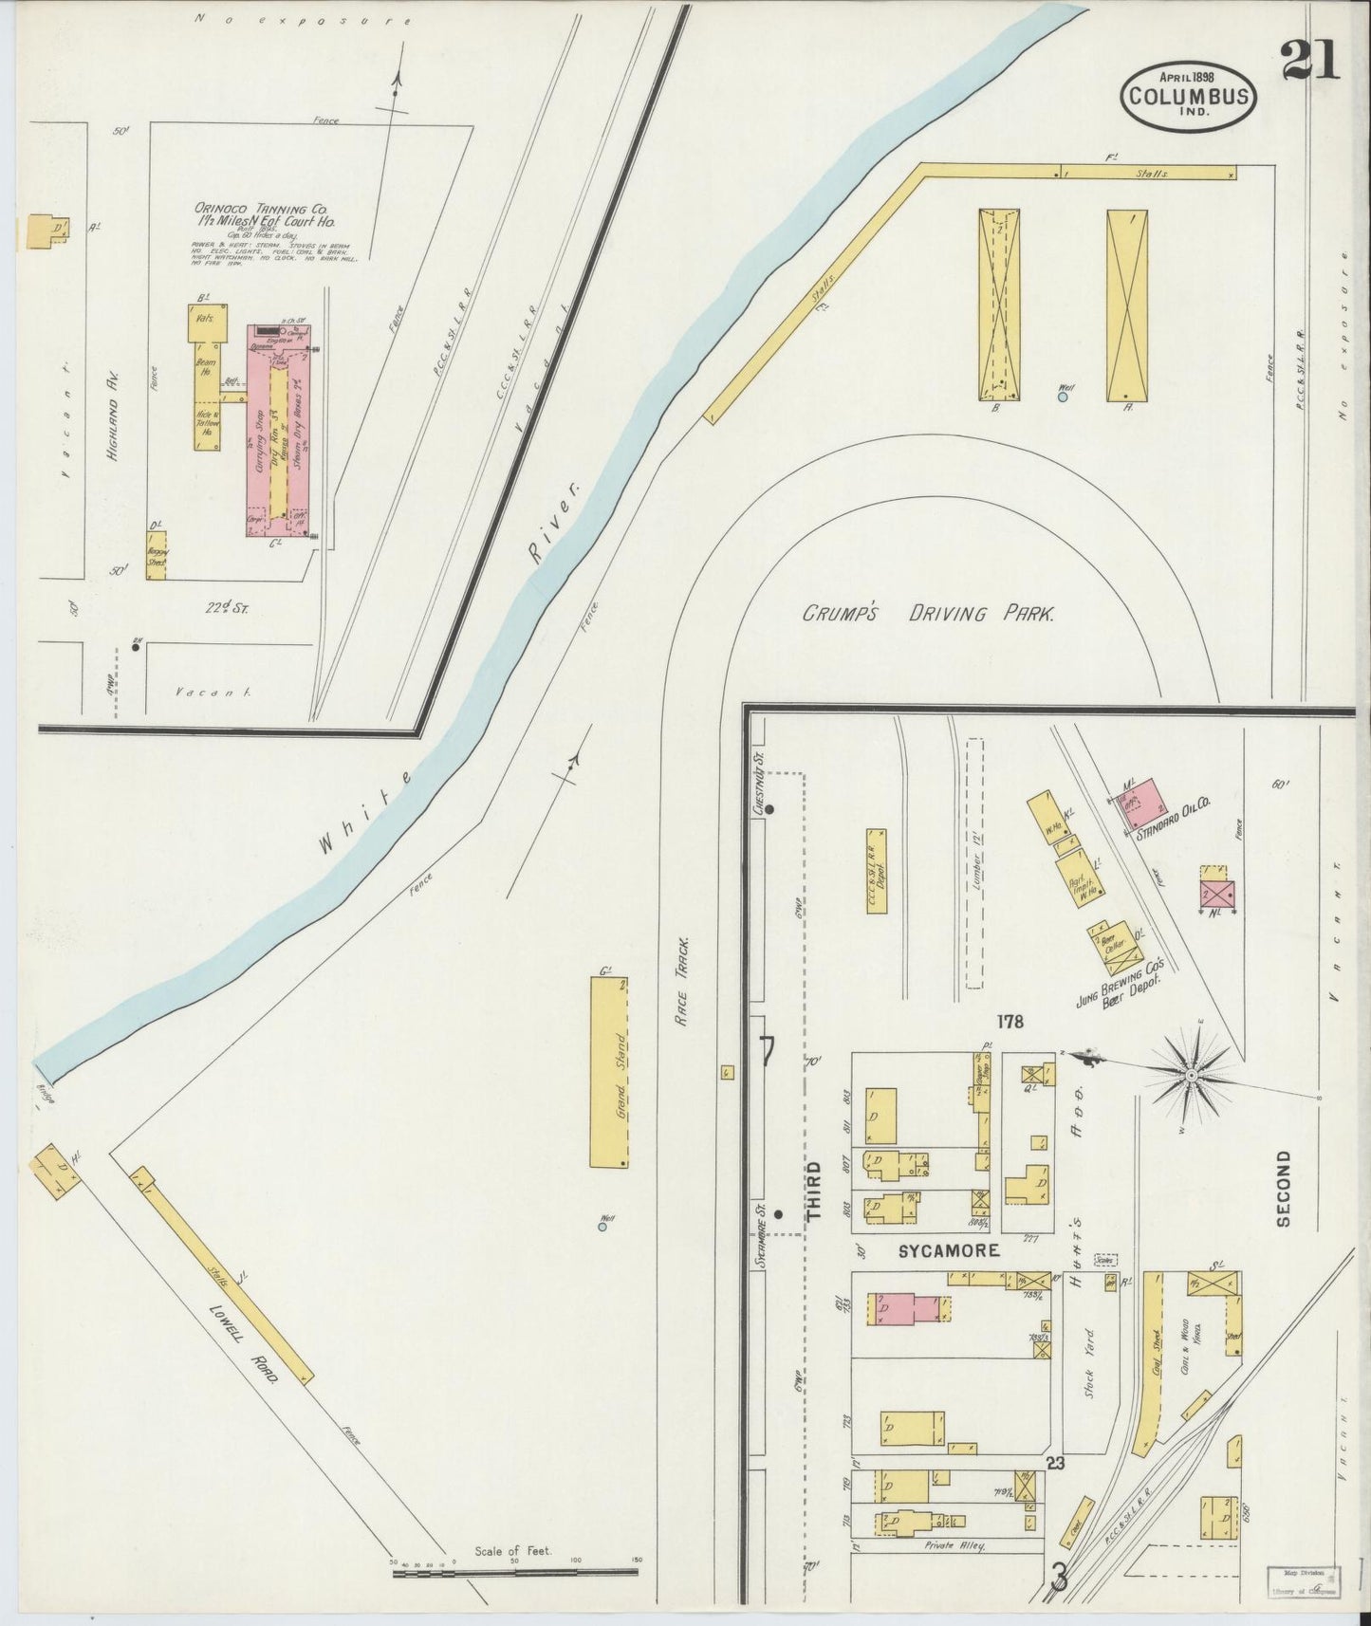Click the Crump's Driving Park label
pos(928,614)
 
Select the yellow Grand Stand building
pos(611,1072)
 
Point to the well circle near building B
pos(1063,397)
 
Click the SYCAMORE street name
pos(949,1250)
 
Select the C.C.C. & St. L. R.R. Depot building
pos(877,871)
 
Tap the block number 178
pos(1010,1022)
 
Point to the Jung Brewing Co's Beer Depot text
pos(1120,987)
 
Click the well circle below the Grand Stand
pos(602,1227)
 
